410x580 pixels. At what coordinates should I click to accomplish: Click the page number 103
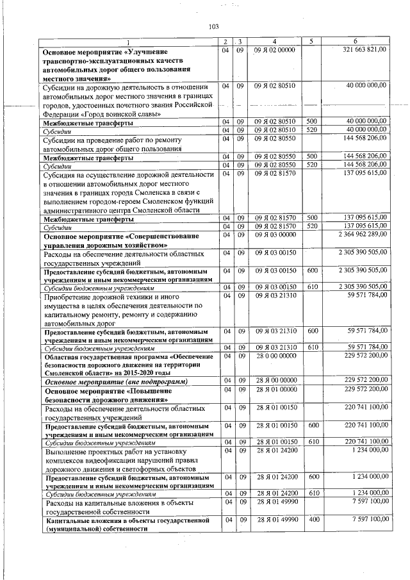click(x=214, y=26)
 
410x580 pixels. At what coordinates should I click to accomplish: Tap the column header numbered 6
click(x=365, y=42)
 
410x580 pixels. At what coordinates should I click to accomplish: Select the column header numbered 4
click(x=274, y=42)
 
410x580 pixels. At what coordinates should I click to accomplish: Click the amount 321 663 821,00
click(x=365, y=49)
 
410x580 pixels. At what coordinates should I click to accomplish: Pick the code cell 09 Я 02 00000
click(x=274, y=49)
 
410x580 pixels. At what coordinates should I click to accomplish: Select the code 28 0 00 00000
click(x=274, y=354)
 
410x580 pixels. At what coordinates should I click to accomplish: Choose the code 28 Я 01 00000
click(x=274, y=389)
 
